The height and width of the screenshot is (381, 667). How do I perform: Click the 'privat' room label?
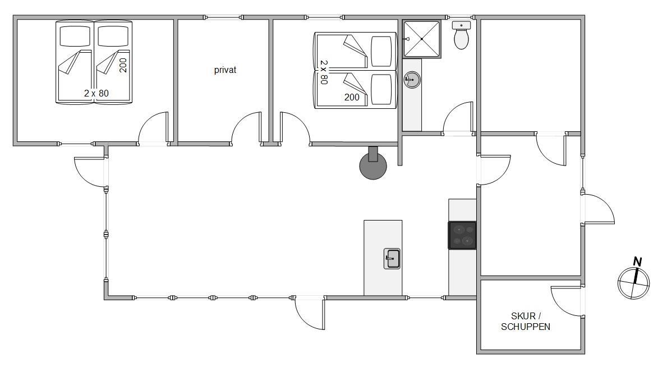click(225, 70)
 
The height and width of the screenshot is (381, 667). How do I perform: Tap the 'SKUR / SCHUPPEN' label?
click(526, 322)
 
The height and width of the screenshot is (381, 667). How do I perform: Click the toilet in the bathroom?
click(461, 35)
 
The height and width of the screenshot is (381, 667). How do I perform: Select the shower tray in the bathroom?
click(421, 39)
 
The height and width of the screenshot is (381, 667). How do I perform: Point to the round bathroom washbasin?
click(412, 80)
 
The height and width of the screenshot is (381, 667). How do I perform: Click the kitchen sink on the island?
click(392, 259)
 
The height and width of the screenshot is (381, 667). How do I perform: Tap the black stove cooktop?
click(462, 235)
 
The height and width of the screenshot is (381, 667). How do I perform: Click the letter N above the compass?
click(637, 261)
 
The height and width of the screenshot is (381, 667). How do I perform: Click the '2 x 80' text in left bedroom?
click(96, 93)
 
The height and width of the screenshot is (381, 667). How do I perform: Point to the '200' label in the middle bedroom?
click(352, 98)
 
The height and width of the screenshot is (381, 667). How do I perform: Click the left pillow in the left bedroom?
click(75, 36)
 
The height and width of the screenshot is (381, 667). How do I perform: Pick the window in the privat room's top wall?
click(223, 17)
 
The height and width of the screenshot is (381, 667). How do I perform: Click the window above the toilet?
click(460, 17)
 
